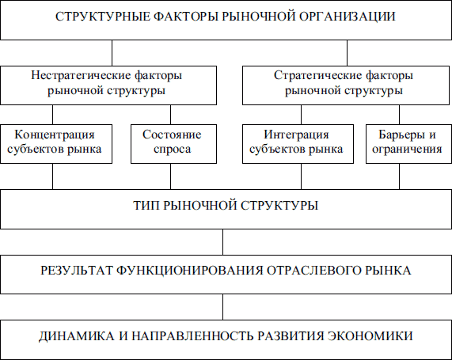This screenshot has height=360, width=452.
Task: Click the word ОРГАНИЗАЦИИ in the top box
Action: point(347,17)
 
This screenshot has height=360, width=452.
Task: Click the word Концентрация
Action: point(55,135)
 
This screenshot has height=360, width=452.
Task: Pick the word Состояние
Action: point(172,135)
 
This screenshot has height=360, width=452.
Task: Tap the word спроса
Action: point(172,150)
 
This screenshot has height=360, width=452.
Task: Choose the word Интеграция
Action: point(296,135)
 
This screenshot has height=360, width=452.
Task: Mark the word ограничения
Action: point(407,150)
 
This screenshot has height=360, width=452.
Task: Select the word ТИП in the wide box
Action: point(146,206)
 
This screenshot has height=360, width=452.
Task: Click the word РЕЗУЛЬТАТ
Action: point(77,271)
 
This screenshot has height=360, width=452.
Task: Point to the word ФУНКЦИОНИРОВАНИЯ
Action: point(190,271)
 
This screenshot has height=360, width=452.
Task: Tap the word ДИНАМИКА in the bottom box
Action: point(77,336)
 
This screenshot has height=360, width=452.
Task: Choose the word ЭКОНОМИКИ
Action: point(370,336)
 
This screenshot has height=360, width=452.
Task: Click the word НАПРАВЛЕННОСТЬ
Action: point(193,336)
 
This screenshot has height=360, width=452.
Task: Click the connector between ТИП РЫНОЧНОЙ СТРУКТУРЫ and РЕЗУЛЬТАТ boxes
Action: point(222,242)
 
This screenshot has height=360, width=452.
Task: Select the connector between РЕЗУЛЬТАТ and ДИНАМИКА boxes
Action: point(222,307)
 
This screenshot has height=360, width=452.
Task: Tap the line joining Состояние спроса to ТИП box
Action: point(170,176)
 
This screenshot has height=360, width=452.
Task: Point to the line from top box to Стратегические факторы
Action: point(347,53)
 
